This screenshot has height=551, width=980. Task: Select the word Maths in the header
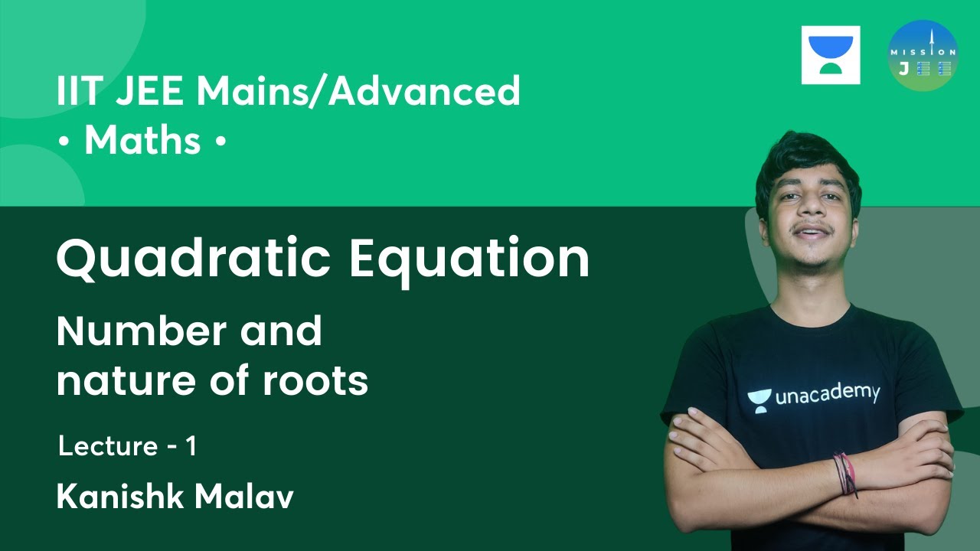point(142,142)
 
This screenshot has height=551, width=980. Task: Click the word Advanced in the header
point(426,92)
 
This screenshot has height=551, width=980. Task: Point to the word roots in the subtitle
point(316,381)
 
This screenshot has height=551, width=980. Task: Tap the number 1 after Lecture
point(191,446)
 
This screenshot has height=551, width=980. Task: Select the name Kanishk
point(119,497)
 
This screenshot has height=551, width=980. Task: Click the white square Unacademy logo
point(831,55)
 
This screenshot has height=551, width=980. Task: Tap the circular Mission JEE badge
point(923,55)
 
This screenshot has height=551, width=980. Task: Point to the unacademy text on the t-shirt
point(827,395)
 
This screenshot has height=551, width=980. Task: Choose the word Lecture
point(107,446)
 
